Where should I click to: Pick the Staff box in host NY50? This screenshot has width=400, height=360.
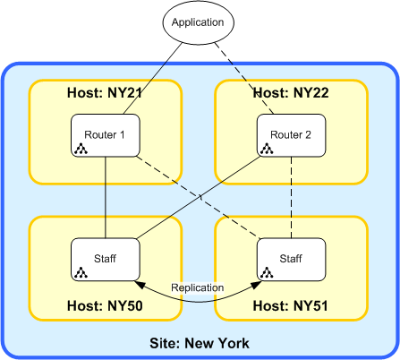tap(106, 258)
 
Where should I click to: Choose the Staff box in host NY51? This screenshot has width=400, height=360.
tap(293, 258)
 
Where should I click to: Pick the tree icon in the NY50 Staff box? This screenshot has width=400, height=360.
tap(81, 271)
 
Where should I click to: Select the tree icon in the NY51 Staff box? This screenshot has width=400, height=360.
tap(267, 271)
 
